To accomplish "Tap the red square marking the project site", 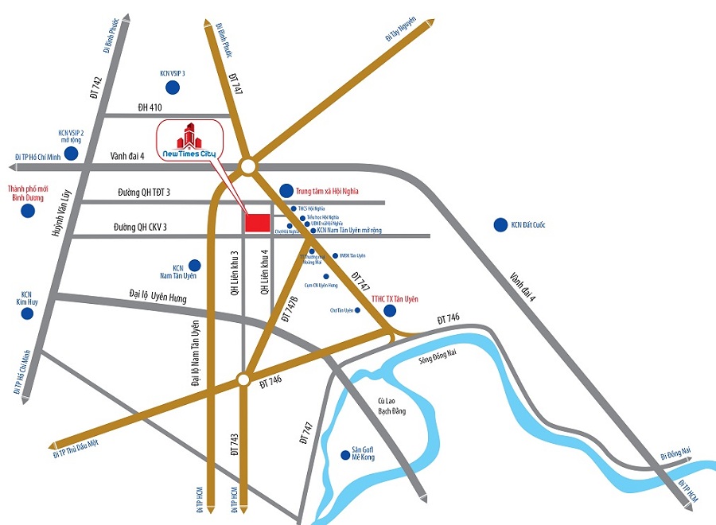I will pos(257,224).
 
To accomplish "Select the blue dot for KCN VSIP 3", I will pos(172,87).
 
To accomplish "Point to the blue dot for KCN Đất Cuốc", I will pos(500,225).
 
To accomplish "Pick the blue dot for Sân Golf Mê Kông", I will pos(344,455).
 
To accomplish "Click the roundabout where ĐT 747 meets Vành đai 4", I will pos(248,166).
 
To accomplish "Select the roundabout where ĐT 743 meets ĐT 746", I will pos(243,380).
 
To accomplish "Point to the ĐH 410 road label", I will pos(150,107).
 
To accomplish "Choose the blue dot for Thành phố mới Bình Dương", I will pos(29,211).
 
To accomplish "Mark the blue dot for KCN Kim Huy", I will pos(27,313).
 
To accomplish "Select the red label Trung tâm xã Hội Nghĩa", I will pos(328,191).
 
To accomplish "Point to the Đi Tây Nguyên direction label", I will pos(401,32).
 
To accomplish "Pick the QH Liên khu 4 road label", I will pos(266,274).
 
